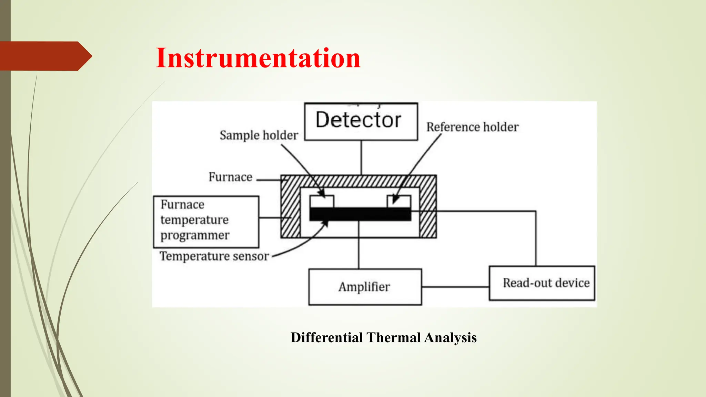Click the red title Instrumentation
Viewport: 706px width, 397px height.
258,58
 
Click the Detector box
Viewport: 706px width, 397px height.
361,121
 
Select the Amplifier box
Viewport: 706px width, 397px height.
365,287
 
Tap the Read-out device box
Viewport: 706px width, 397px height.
542,283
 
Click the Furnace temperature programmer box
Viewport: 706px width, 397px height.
206,222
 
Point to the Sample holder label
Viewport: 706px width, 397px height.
259,135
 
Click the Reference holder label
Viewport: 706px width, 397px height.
472,127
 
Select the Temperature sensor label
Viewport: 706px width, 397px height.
214,256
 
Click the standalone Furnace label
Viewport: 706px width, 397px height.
230,177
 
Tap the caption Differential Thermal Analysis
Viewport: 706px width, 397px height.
383,337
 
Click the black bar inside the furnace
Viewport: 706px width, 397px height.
360,214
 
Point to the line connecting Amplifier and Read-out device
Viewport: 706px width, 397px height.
455,287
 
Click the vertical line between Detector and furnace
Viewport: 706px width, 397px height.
361,157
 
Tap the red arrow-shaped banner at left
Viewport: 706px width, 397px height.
45,56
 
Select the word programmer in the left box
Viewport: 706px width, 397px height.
195,235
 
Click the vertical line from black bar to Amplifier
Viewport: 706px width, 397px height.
359,245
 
